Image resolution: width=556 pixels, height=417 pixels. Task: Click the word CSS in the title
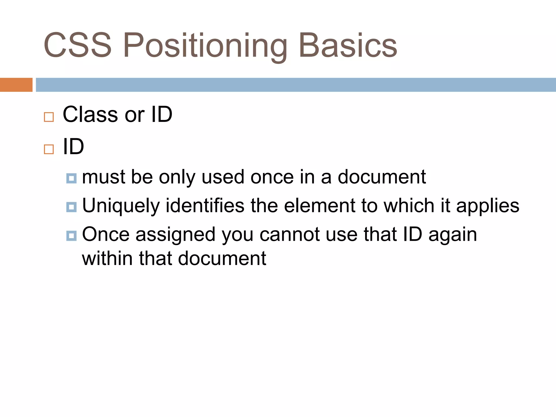click(77, 45)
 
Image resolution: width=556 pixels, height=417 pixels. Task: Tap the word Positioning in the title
click(205, 46)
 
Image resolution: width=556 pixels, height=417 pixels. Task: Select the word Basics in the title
click(348, 45)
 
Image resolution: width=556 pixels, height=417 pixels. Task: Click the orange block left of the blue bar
click(16, 85)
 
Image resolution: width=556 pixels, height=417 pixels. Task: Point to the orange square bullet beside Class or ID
click(49, 117)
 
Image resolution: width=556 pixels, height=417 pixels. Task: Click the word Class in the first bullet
click(90, 114)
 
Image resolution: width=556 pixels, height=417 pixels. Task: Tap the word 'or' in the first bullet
click(135, 115)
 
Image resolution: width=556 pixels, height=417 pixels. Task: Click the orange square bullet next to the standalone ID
click(49, 149)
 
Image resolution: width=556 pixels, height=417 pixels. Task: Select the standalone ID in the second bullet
click(73, 147)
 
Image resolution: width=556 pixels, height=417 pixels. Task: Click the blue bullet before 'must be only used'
click(71, 178)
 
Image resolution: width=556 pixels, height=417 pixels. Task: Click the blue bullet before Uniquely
click(71, 207)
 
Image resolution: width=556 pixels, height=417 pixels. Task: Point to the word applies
click(488, 206)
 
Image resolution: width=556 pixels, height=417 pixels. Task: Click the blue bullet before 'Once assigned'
click(71, 236)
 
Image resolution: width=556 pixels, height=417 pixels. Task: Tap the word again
click(453, 235)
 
